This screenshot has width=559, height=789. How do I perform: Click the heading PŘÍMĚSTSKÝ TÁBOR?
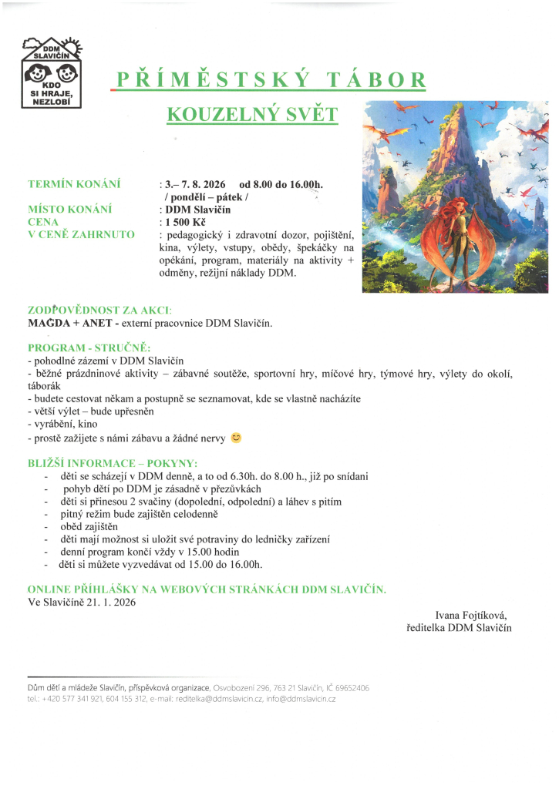[271, 80]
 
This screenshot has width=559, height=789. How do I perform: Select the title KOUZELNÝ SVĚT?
[252, 114]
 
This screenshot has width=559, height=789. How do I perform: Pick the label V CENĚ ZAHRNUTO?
[81, 234]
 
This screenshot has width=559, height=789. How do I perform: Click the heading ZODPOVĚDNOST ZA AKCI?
[100, 310]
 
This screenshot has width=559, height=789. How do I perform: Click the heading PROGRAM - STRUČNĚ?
[89, 347]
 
